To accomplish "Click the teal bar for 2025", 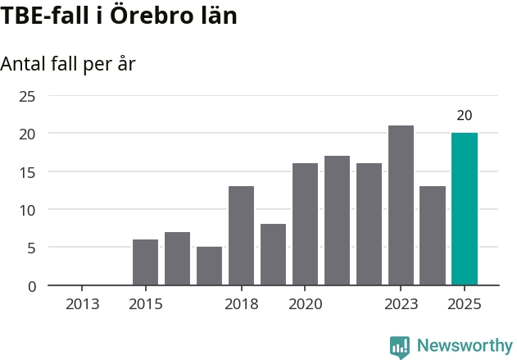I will tap(464, 209).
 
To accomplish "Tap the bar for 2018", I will tap(241, 235).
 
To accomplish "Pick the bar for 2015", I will tap(145, 262).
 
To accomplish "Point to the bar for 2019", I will tap(273, 254).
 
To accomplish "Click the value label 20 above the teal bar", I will tap(465, 116).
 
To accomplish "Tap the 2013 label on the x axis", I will tap(82, 305).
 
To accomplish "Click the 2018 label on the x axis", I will tap(241, 305).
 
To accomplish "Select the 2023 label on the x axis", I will tap(401, 305).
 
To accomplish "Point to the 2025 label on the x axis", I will tap(465, 305).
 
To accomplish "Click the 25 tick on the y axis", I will tap(27, 96).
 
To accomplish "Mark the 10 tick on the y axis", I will tap(27, 210).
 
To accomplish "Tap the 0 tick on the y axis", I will tap(31, 286).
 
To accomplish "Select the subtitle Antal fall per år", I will tap(67, 64).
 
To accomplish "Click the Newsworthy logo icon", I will tap(400, 346).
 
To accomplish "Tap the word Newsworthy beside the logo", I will tap(464, 346).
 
